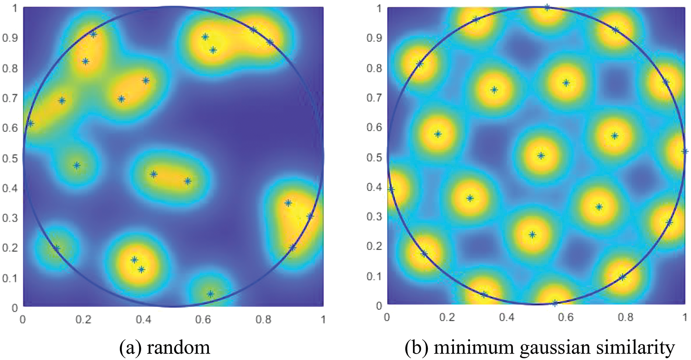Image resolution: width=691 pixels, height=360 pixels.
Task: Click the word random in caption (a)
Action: (178, 347)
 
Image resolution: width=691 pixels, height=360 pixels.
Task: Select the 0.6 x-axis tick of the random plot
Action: (203, 319)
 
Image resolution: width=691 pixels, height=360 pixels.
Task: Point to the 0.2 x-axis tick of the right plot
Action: (447, 317)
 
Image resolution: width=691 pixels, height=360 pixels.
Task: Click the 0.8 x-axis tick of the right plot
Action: (625, 317)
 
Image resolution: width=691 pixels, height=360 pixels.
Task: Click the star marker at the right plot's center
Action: (541, 156)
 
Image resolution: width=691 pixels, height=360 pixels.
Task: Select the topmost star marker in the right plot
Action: (547, 7)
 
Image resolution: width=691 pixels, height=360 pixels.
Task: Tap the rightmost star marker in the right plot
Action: (684, 151)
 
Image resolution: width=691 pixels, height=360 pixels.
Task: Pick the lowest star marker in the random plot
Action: (210, 294)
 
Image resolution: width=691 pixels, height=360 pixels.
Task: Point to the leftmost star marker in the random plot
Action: (30, 123)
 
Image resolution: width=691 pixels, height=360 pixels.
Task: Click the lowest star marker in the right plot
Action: (555, 303)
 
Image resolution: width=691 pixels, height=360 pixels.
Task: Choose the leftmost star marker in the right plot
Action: (391, 189)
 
